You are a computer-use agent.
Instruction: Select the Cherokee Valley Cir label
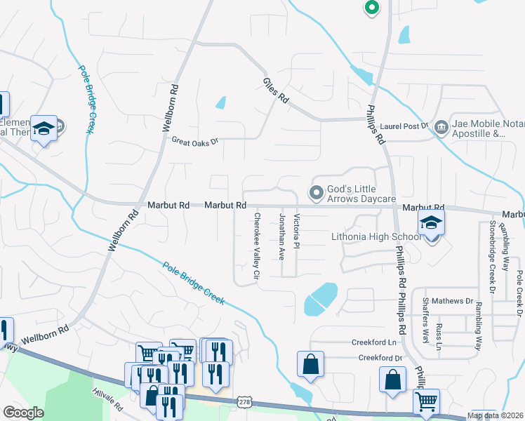(x=258, y=245)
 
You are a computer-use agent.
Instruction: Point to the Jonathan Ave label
(x=282, y=236)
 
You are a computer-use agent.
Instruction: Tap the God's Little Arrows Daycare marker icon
(x=317, y=192)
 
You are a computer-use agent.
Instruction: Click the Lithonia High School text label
(x=376, y=236)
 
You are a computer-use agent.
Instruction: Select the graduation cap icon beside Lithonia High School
(x=431, y=225)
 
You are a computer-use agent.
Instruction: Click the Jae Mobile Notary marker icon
(x=441, y=127)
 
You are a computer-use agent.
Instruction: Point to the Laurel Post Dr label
(x=404, y=126)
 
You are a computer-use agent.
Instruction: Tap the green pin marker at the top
(x=371, y=8)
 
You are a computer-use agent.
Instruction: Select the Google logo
(x=23, y=413)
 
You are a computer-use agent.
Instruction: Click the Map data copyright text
(x=496, y=416)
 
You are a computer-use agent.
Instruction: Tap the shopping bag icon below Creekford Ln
(x=310, y=365)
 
